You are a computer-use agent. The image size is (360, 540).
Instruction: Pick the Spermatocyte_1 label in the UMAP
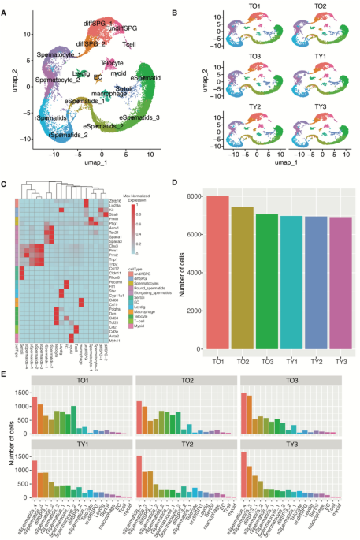pyautogui.click(x=35, y=54)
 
